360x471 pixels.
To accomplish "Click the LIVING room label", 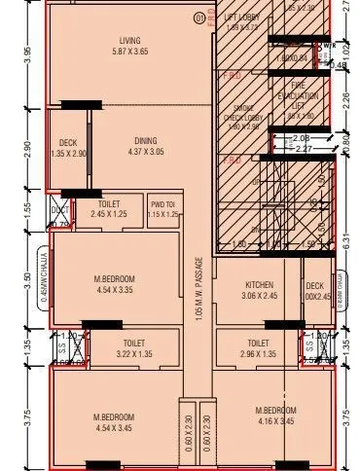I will [129, 41].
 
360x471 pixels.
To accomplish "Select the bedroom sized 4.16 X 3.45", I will [275, 416].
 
